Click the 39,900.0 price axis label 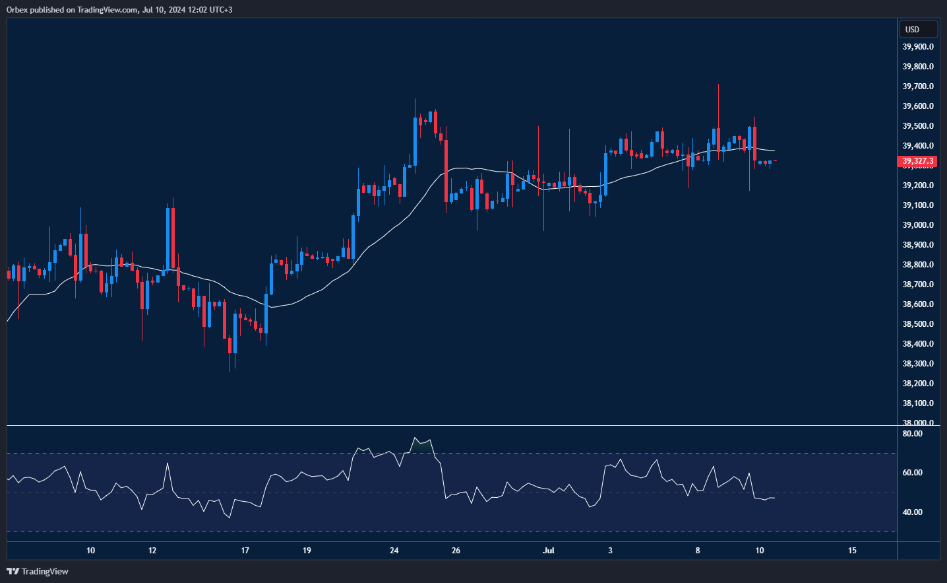pos(917,47)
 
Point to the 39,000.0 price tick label pos(917,225)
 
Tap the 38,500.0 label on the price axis pos(917,324)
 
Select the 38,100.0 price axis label pos(917,403)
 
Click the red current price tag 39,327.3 pos(917,161)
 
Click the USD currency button pos(917,30)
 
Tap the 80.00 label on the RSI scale pos(912,434)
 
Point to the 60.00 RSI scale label pos(912,473)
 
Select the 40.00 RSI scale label pos(912,512)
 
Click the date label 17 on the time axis pos(245,551)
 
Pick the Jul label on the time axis pos(549,551)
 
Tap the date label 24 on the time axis pos(394,551)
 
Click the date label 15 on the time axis pos(852,551)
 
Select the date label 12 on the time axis pos(152,551)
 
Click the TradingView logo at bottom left pos(38,571)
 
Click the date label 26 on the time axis pos(456,551)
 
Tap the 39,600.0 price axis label pos(917,106)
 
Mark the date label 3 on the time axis pos(610,551)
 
